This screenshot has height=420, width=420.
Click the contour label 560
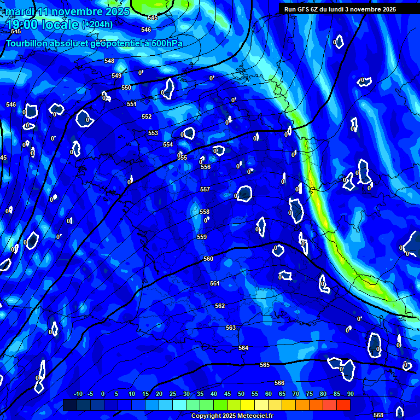tap(208, 259)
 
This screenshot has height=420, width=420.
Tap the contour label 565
tap(265, 365)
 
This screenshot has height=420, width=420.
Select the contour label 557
tap(205, 189)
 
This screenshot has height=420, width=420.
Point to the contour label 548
tap(109, 61)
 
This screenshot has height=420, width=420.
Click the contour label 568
tap(378, 415)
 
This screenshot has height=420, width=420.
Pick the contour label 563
tap(231, 328)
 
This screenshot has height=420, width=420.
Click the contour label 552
tap(147, 116)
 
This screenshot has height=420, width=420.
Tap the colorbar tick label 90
tap(350, 394)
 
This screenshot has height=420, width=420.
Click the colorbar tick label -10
tap(78, 394)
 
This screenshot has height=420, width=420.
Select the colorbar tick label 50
tap(241, 394)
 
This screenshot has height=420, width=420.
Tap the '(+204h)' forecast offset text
tap(97, 24)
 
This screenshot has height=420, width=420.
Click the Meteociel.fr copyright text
tap(240, 416)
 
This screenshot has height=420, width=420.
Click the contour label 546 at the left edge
tap(11, 104)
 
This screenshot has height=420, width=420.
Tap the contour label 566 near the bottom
tap(279, 383)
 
